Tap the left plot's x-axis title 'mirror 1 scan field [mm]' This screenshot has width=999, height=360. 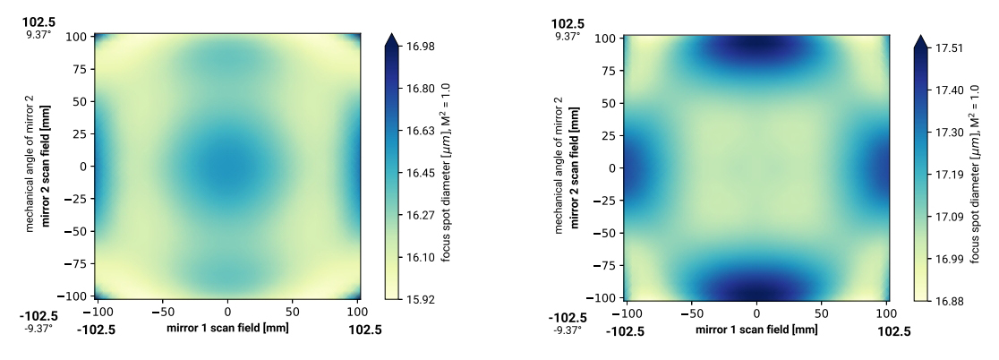(227, 329)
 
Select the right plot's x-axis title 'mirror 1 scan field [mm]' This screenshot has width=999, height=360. (756, 330)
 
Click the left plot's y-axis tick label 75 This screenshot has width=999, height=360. (80, 68)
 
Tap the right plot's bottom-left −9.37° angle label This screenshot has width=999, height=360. (568, 330)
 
